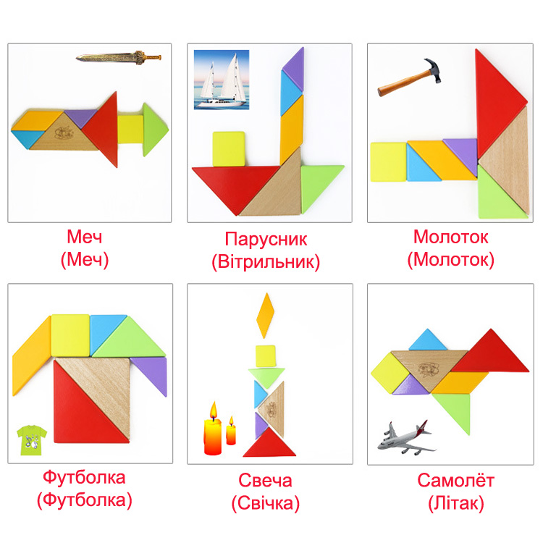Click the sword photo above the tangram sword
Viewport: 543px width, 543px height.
pyautogui.click(x=119, y=57)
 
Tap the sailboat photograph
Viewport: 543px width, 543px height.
pyautogui.click(x=222, y=80)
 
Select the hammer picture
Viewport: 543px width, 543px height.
pyautogui.click(x=409, y=77)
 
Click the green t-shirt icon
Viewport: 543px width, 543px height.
pyautogui.click(x=32, y=439)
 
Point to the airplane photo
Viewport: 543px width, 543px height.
pyautogui.click(x=406, y=438)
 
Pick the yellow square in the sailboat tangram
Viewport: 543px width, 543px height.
pyautogui.click(x=229, y=148)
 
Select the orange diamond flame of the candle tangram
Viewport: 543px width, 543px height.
pyautogui.click(x=265, y=316)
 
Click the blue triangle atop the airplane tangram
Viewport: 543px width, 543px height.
pyautogui.click(x=428, y=341)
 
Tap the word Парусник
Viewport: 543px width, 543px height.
pyautogui.click(x=266, y=239)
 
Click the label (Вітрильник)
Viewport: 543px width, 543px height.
pyautogui.click(x=266, y=261)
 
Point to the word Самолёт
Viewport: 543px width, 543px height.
pyautogui.click(x=455, y=480)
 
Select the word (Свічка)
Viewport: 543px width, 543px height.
pyautogui.click(x=266, y=503)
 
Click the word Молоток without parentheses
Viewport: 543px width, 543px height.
pyautogui.click(x=450, y=237)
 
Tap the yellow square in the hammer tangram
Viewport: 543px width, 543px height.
pyautogui.click(x=388, y=161)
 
